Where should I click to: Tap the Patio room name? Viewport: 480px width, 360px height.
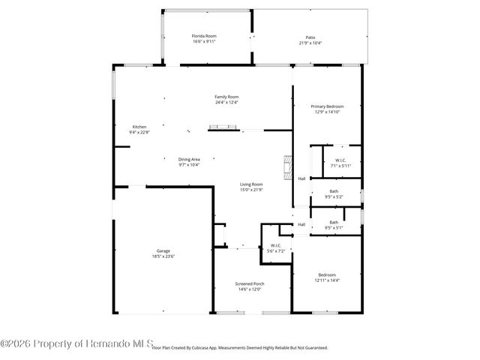point(310,36)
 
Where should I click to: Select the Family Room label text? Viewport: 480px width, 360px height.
point(226,97)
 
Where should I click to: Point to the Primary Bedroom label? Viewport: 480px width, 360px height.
point(327,106)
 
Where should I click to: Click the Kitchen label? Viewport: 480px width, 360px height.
point(139,127)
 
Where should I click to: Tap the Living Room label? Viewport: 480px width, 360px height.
point(251,184)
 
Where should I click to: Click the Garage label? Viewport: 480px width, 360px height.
point(163,250)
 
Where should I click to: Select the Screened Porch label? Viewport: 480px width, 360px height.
point(250,283)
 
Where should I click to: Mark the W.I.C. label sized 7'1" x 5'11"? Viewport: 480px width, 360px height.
point(340,160)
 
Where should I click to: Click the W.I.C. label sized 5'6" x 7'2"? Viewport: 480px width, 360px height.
point(275,245)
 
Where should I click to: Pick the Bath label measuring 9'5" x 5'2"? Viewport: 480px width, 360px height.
point(334,191)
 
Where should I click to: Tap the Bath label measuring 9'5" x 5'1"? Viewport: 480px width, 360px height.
point(334,222)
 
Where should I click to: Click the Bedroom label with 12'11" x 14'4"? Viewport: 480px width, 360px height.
point(327,274)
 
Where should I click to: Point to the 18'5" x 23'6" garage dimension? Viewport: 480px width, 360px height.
point(163,256)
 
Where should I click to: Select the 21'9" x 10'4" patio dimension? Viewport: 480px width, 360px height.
point(310,43)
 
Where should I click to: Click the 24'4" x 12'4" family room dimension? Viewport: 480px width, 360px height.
point(226,103)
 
